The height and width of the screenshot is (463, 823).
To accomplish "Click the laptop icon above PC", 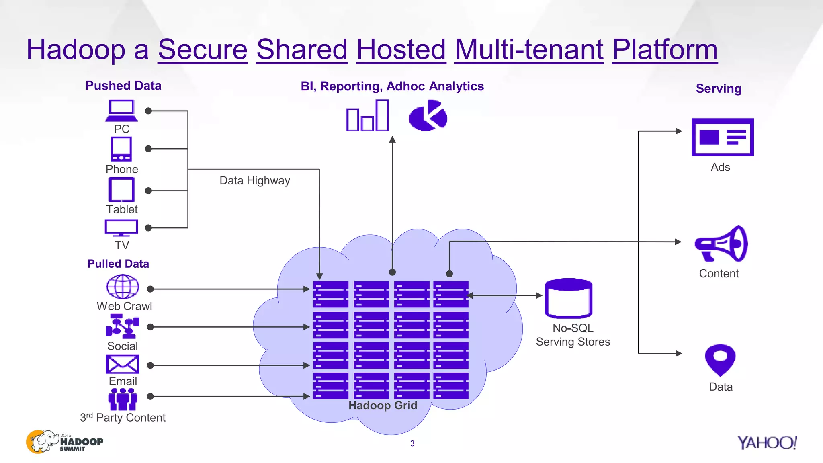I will (x=121, y=111).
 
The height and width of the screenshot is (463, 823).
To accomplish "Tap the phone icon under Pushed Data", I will (x=121, y=149).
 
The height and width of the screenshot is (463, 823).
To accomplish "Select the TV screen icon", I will (x=121, y=227).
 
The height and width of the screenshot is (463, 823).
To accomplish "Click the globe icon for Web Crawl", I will (x=123, y=287).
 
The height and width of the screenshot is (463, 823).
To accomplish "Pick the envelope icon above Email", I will (x=123, y=364).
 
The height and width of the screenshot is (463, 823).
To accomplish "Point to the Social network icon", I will (x=123, y=326).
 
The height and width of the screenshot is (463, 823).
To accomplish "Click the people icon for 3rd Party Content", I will (x=123, y=399).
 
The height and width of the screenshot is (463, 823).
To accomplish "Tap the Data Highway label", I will (x=254, y=180).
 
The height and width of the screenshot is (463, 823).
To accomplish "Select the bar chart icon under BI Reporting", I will (x=367, y=116).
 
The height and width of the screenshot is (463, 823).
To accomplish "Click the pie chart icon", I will (x=428, y=116).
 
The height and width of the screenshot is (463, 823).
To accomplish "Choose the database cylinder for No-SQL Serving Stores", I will (x=568, y=298).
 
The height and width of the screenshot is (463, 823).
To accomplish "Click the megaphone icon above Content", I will (x=721, y=244).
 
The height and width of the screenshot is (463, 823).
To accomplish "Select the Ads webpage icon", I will (x=722, y=137).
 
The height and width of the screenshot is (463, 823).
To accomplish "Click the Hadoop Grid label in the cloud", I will (x=383, y=405).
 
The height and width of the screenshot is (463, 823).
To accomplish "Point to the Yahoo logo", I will (x=767, y=443).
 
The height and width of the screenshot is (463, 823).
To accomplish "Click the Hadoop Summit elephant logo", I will (x=64, y=442).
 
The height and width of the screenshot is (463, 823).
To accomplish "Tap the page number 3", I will (x=412, y=443).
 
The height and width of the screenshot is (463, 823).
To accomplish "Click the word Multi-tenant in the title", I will (x=529, y=50).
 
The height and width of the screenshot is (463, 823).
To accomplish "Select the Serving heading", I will (x=719, y=88).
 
